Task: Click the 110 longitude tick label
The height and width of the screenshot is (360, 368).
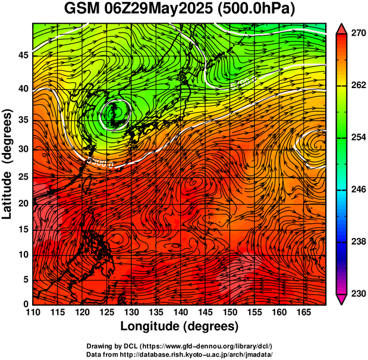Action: (x=33, y=313)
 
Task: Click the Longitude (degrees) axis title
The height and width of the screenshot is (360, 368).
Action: (x=180, y=327)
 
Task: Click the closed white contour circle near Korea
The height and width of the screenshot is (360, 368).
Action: (x=117, y=112)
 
